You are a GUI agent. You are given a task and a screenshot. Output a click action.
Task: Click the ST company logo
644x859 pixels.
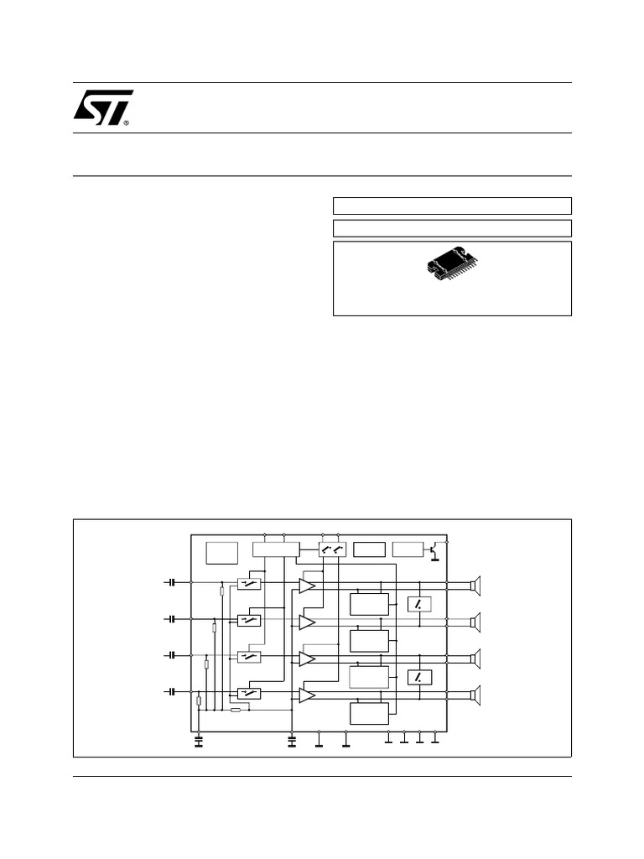pos(102,107)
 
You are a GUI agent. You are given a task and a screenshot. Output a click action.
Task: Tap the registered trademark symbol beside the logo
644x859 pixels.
pos(127,122)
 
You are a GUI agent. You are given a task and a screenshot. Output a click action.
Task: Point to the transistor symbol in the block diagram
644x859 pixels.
pos(434,550)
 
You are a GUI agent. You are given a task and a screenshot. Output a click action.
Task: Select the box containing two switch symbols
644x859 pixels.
pos(333,550)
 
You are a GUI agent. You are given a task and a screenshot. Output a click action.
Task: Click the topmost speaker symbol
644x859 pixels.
pos(475,586)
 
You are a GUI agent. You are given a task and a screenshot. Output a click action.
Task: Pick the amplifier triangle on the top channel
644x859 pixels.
pos(307,586)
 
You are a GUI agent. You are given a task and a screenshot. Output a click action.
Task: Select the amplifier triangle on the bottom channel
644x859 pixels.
pos(307,695)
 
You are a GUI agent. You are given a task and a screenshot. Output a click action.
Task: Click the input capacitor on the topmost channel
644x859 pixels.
pos(172,581)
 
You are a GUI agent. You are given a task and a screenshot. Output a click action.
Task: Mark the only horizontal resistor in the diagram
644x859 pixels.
pos(236,710)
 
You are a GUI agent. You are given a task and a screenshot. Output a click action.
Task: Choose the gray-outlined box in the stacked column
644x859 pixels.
pos(369,676)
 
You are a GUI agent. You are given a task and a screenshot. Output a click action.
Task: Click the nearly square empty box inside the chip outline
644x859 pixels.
pos(222,554)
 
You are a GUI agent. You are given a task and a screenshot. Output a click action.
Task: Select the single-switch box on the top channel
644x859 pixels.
pos(249,583)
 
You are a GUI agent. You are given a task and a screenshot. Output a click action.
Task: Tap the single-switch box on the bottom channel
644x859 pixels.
pos(249,693)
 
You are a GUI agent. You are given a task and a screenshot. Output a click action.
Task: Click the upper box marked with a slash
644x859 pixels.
pos(419,604)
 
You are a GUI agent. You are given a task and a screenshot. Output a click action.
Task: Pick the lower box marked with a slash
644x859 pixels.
pos(419,677)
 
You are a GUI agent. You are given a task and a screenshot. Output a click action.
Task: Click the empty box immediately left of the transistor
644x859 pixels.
pos(408,550)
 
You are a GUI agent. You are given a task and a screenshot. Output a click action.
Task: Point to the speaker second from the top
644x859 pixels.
pos(475,622)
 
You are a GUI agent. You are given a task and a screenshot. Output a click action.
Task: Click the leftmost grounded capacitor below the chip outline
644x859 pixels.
pos(199,741)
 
